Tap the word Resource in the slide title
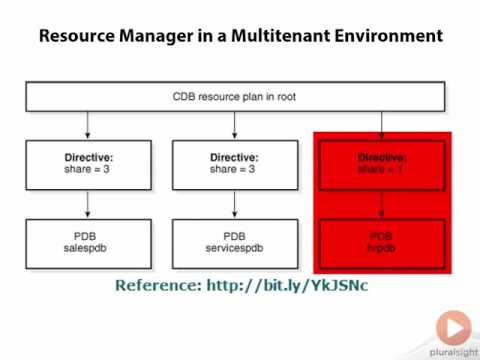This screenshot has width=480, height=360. (x=77, y=37)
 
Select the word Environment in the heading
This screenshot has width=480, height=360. (x=387, y=37)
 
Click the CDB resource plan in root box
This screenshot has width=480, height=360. (x=234, y=97)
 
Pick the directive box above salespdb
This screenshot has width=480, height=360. (x=89, y=164)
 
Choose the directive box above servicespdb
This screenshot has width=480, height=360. (x=235, y=164)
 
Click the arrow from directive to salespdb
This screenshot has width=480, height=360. (x=89, y=203)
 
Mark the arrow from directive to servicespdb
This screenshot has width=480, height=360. (x=235, y=203)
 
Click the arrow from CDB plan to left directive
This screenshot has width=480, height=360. (x=89, y=125)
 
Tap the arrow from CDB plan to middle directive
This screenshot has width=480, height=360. (x=235, y=125)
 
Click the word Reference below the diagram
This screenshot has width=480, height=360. (x=157, y=286)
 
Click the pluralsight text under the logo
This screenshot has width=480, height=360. (x=451, y=351)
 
